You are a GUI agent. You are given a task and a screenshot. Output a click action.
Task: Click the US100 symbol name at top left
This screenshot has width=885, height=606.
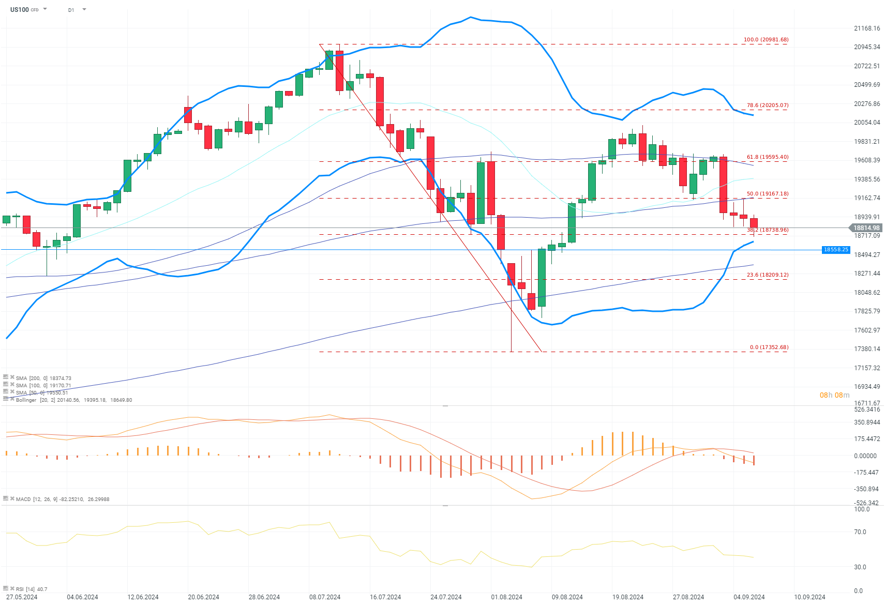[x=20, y=9]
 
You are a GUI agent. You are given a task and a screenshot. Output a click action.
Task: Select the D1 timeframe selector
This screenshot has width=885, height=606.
[x=71, y=10]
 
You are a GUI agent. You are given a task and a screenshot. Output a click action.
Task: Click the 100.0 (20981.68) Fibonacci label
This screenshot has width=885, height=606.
[x=766, y=40]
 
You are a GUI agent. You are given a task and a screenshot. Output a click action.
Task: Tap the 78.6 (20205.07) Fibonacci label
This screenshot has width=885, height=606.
[x=767, y=105]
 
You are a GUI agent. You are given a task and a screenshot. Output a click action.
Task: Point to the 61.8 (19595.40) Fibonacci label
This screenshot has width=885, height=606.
[x=767, y=157]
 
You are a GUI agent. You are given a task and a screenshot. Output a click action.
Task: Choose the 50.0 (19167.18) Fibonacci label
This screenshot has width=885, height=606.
[x=767, y=194]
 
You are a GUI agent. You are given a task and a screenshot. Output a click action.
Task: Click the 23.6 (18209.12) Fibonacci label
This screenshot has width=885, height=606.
[x=767, y=275]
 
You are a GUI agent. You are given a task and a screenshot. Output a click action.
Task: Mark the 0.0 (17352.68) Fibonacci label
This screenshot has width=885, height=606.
[x=769, y=347]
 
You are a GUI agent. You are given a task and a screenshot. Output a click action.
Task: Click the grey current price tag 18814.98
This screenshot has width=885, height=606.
[x=866, y=228]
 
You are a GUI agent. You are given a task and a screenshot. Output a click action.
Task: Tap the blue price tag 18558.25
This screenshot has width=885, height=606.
[x=836, y=250]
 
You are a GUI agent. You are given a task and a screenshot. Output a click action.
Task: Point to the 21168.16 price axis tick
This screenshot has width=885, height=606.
[x=866, y=28]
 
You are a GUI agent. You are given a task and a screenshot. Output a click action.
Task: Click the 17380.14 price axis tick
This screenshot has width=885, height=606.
[x=866, y=349]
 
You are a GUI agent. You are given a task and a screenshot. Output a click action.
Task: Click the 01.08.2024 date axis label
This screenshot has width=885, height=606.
[x=506, y=597]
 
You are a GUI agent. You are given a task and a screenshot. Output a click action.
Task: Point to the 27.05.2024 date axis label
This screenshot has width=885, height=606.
[x=22, y=597]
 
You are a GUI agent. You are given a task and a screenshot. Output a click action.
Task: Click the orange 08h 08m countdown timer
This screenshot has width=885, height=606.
[x=834, y=396]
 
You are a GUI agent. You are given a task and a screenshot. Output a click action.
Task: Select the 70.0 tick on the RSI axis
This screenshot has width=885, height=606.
[x=860, y=532]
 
